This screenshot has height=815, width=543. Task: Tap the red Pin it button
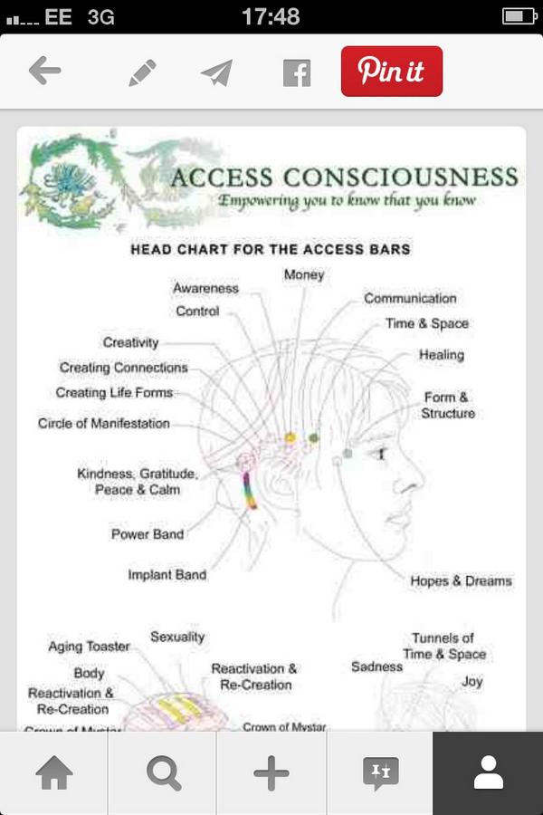click(391, 71)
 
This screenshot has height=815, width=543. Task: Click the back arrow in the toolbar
click(44, 71)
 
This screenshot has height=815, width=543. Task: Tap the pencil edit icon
click(142, 72)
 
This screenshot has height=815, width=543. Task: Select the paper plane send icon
click(217, 72)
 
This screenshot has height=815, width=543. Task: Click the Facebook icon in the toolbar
click(296, 72)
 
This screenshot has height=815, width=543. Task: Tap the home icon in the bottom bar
click(53, 773)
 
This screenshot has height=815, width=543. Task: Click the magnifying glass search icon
click(163, 773)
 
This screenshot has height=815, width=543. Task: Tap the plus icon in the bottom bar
click(271, 773)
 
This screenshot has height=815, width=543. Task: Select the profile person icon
click(488, 773)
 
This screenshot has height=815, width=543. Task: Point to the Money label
click(303, 274)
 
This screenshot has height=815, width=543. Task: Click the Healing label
click(441, 355)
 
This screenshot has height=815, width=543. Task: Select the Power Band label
click(147, 534)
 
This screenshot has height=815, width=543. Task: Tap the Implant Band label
click(167, 575)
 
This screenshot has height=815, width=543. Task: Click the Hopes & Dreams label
click(461, 581)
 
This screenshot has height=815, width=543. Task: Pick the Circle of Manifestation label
click(103, 423)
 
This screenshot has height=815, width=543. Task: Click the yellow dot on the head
click(291, 437)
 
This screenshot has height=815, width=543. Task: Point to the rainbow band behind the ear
click(252, 490)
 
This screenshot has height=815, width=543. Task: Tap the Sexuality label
click(177, 638)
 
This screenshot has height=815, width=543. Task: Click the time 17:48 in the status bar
click(271, 16)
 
